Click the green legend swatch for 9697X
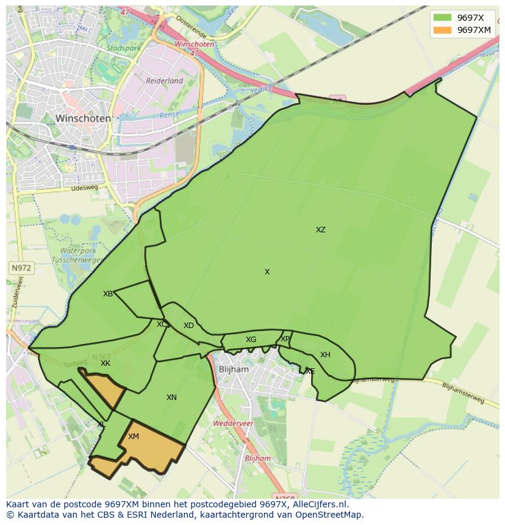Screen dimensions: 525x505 click(x=443, y=18)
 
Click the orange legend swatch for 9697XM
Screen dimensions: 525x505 click(x=443, y=30)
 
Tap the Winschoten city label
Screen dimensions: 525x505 click(x=83, y=118)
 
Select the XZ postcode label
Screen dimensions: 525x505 click(x=320, y=230)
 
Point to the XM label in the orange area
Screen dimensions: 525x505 click(x=134, y=437)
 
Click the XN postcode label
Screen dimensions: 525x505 click(x=171, y=398)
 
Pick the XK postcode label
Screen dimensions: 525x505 click(x=106, y=363)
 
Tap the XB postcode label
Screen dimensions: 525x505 click(x=108, y=294)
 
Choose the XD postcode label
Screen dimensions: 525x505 click(x=188, y=326)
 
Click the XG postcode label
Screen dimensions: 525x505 click(x=251, y=340)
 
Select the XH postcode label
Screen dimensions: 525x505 click(x=325, y=355)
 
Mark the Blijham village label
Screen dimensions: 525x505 click(x=234, y=370)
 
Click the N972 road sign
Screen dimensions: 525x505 click(x=21, y=268)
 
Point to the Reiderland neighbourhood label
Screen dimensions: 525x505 click(x=164, y=80)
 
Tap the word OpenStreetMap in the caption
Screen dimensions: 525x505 click(x=329, y=515)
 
